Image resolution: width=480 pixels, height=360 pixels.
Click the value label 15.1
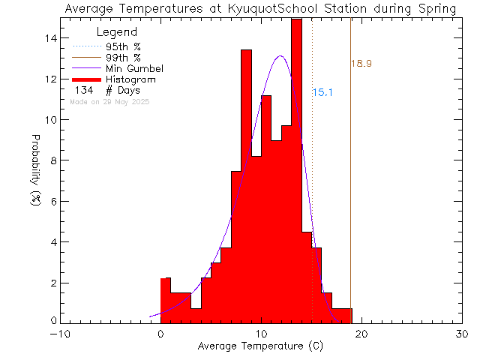point(323,93)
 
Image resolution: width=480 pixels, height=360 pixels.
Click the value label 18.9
point(361,64)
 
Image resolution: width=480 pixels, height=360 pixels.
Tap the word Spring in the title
point(433,9)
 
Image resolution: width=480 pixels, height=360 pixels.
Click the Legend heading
point(117,32)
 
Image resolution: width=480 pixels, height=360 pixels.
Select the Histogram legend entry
point(131,79)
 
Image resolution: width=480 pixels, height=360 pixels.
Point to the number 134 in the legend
point(84,90)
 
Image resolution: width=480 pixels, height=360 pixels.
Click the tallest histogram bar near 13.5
point(296,150)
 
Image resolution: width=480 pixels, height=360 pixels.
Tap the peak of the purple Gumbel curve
point(280,56)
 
